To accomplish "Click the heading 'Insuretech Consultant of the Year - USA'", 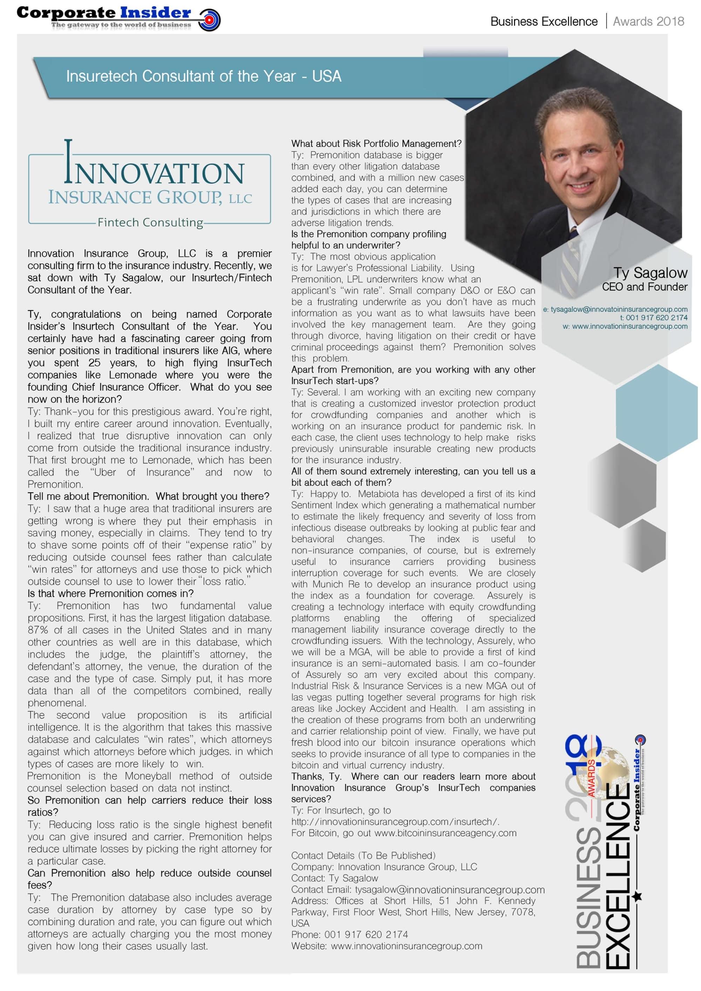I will coord(203,76).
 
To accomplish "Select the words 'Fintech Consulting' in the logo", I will coord(150,222).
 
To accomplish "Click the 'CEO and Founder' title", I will coord(645,287).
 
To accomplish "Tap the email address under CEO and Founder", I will coord(615,309).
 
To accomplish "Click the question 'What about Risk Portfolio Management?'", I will coord(376,143).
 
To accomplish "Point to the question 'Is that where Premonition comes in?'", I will coord(110,593).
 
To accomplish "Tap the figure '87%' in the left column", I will coord(38,630).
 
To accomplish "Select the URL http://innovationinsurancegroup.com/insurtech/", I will coord(395,821).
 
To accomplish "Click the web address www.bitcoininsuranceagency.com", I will coord(445,833).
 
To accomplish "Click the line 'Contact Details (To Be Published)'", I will coord(363,855).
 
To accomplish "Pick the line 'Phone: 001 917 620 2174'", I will coord(349,935).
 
